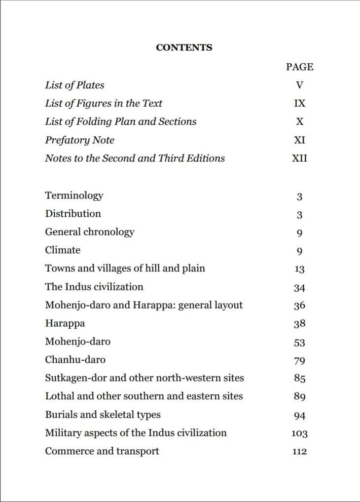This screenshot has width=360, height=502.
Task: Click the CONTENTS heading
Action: coord(184,48)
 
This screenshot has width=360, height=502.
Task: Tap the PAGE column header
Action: coord(299,67)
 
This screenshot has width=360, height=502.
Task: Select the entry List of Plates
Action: coord(74,85)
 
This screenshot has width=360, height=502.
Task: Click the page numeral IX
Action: coord(299,104)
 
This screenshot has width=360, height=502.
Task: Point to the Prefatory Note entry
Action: coord(79,140)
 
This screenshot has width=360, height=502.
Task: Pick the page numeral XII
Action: coord(299,158)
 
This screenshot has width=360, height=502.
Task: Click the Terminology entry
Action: coord(74,195)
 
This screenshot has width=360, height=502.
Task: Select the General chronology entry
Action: coord(89,232)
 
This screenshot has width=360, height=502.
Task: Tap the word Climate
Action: coord(63,250)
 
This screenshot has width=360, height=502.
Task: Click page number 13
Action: coord(299,270)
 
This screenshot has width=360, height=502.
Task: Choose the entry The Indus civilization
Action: coord(94,287)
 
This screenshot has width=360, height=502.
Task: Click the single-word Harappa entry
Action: coord(65,324)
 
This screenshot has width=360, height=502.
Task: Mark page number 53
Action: coord(299,343)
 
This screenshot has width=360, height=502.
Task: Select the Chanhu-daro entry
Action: coord(75,360)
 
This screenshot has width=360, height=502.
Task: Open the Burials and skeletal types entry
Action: coord(103,415)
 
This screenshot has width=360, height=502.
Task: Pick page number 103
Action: coord(299,434)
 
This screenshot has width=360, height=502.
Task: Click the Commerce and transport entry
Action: coord(102,451)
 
